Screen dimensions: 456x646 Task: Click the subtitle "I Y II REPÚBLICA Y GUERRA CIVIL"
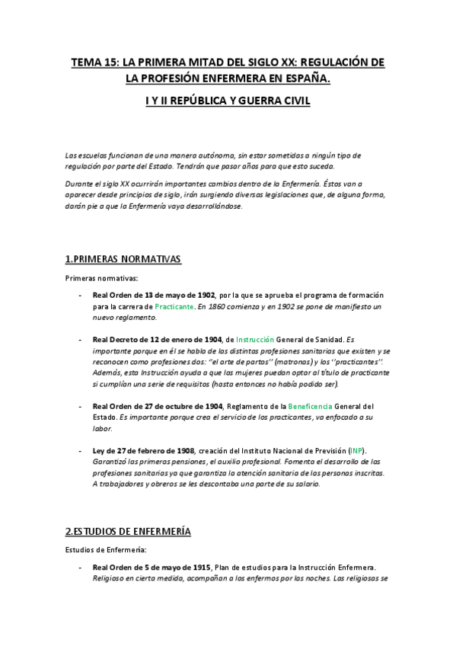coord(228,100)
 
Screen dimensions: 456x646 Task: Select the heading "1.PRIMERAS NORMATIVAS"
coord(123,259)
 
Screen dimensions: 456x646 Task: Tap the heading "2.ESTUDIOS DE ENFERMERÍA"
coord(128,530)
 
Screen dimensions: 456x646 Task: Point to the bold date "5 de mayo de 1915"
coord(173,567)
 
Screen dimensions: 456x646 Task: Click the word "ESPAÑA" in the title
coord(308,78)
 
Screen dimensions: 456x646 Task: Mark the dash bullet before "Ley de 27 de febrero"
coord(81,451)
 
